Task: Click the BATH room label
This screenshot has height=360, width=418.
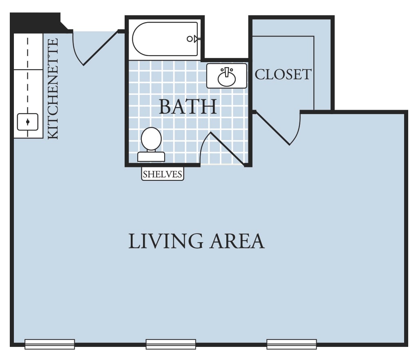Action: pos(188,107)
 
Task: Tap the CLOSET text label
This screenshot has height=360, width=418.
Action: pos(283,74)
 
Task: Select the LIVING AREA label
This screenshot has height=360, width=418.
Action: pos(197,241)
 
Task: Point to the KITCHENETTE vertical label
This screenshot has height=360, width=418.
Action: pos(53,89)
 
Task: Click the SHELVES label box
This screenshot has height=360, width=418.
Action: pos(163,174)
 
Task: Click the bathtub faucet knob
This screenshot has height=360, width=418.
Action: pos(190,39)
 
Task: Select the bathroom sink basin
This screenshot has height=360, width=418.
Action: pos(227,78)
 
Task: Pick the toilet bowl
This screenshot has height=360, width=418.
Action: pos(151,139)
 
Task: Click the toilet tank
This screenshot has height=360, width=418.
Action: pos(151,157)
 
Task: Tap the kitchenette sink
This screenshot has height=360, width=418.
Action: pos(28,122)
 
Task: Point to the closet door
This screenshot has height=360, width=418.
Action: pos(277,128)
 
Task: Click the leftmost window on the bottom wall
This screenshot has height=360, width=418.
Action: pos(49,344)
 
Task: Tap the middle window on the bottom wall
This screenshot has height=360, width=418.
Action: pos(171,344)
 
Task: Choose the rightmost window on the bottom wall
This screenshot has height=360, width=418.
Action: pos(292,344)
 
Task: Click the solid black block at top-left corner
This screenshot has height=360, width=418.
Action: pos(37,22)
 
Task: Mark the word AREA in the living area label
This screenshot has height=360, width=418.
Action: pos(237,241)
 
